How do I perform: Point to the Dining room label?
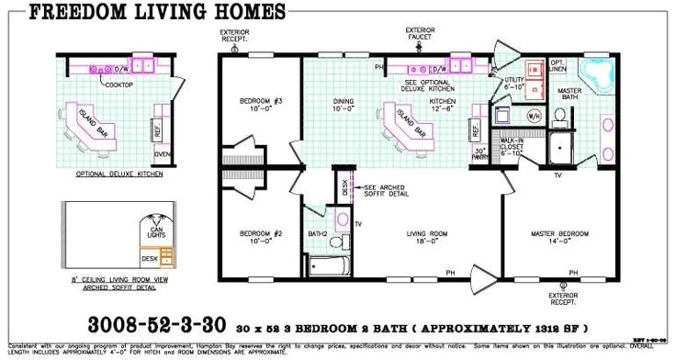coord(344,104)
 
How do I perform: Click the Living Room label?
coord(425,236)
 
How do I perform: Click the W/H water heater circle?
coord(534,117)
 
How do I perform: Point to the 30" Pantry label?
coord(479,153)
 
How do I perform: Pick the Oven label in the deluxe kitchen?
coord(162,154)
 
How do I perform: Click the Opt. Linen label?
coord(558,66)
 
